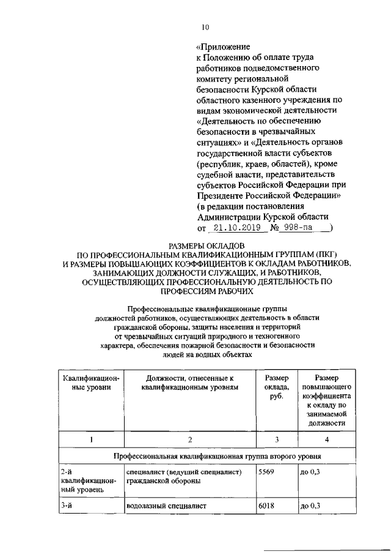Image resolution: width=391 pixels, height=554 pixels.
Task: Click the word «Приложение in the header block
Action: point(223,47)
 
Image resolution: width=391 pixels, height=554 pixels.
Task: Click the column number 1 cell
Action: point(91,439)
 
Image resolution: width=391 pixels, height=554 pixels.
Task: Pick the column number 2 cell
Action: point(190,439)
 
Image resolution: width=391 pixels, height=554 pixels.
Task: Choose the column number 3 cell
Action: point(276,439)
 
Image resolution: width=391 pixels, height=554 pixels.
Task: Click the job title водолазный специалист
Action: point(166,506)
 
